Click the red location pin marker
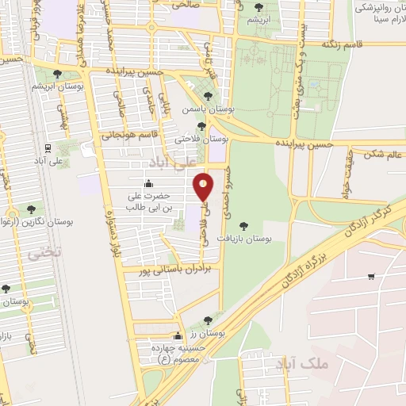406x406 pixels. pos(205,187)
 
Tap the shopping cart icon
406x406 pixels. pos(371,277)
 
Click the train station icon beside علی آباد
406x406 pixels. pos(48,147)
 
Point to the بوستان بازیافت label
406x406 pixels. pos(256,237)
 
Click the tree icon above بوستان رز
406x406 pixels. pos(208,320)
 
